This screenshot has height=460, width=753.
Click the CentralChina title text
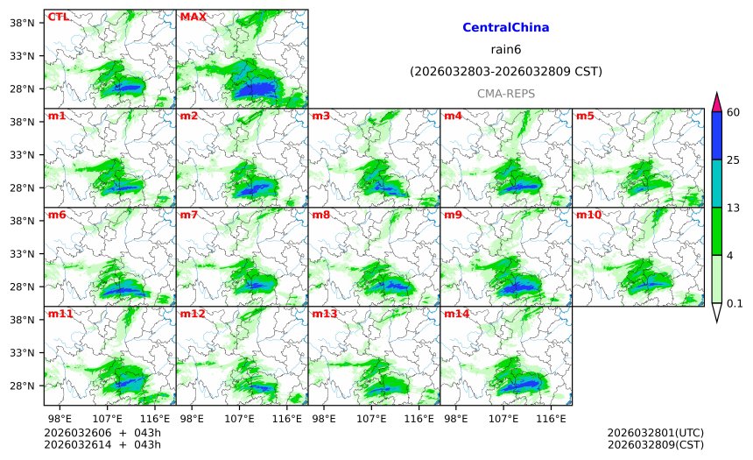tap(505, 28)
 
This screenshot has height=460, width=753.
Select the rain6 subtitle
tap(505, 49)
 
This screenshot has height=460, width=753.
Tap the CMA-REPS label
tap(505, 93)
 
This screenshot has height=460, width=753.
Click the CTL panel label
tap(58, 17)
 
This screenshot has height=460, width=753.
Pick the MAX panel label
tap(192, 17)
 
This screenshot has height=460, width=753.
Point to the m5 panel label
tap(585, 116)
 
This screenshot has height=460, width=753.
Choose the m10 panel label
tap(588, 215)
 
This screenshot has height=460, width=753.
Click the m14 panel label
tap(456, 314)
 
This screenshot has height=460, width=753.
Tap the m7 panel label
tap(188, 215)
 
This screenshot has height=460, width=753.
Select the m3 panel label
tap(320, 116)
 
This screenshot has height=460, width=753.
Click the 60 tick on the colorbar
tap(734, 111)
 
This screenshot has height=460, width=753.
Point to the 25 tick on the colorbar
tap(734, 159)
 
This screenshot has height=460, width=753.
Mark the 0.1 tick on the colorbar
tap(734, 303)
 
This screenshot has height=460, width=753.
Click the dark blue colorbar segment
tap(716, 135)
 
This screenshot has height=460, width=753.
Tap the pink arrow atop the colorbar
tap(716, 101)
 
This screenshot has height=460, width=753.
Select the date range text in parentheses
tap(505, 71)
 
